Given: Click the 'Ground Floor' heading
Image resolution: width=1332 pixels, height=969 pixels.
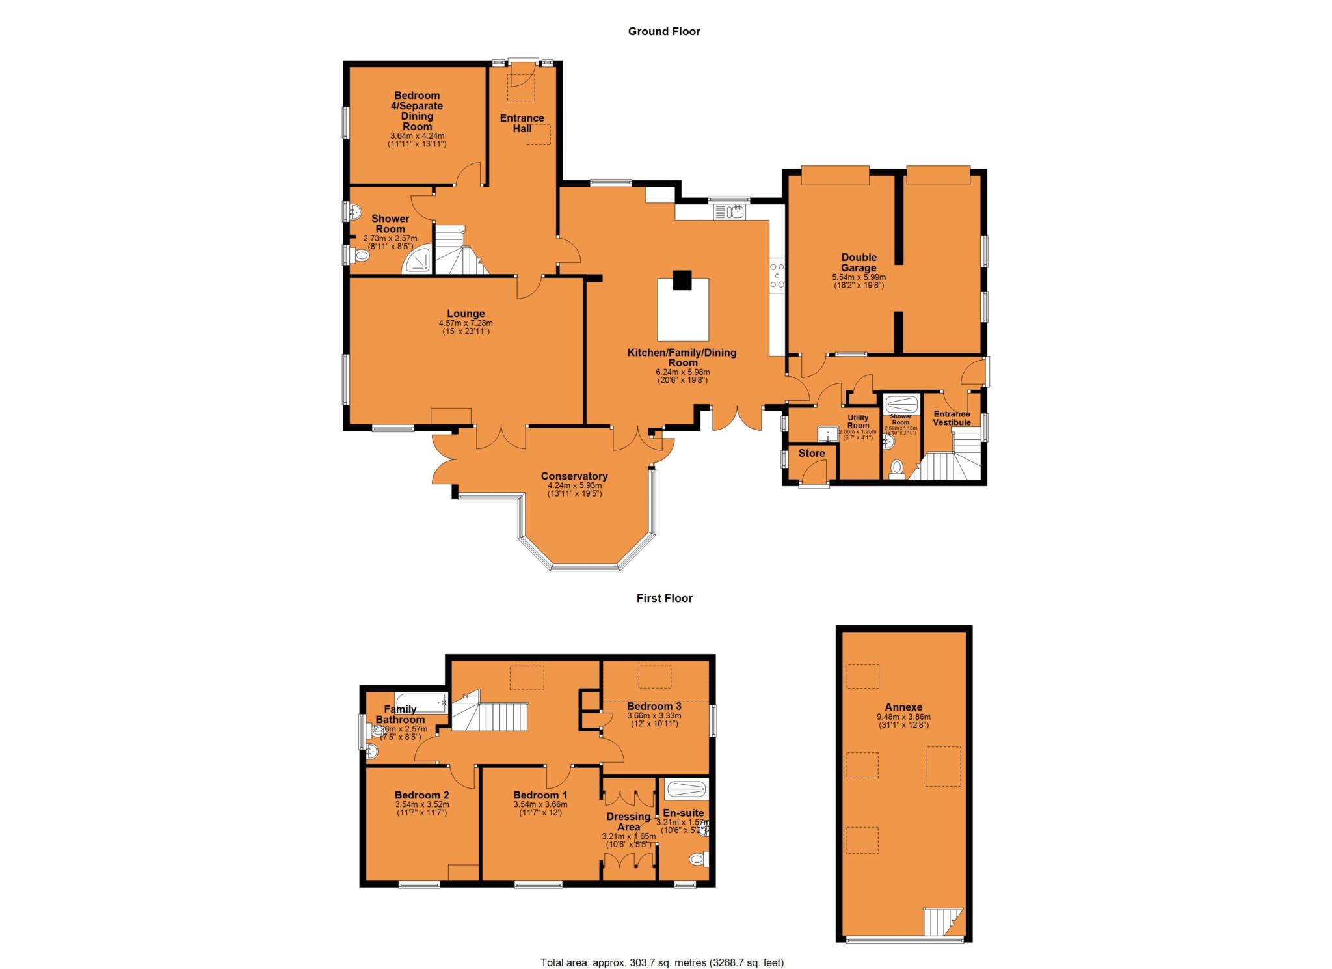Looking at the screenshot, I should pyautogui.click(x=663, y=31).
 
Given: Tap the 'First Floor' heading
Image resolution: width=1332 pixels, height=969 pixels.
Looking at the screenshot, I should pyautogui.click(x=664, y=598).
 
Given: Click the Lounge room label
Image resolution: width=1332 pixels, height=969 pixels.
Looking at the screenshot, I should pyautogui.click(x=465, y=314).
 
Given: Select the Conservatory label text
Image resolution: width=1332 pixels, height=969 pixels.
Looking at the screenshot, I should pyautogui.click(x=574, y=476).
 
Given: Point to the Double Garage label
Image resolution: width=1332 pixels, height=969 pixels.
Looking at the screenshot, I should pyautogui.click(x=858, y=262).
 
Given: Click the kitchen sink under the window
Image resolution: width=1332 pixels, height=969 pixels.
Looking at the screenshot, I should pyautogui.click(x=730, y=212).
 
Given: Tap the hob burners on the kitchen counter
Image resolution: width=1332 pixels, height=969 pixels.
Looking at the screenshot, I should pyautogui.click(x=777, y=275).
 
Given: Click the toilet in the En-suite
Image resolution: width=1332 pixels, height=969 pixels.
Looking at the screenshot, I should pyautogui.click(x=698, y=860).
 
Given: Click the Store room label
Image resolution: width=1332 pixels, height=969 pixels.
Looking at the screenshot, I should pyautogui.click(x=811, y=453).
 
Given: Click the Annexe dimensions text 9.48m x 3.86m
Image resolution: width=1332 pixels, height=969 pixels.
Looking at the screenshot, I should pyautogui.click(x=903, y=717).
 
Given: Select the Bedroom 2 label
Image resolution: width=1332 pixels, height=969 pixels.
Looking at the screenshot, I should pyautogui.click(x=421, y=795).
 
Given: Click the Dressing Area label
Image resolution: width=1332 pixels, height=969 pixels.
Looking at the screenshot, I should pyautogui.click(x=628, y=821).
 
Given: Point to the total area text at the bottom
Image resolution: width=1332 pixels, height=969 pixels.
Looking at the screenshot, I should pyautogui.click(x=662, y=962).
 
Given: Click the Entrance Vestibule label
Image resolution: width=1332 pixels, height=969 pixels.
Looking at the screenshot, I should pyautogui.click(x=952, y=418).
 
